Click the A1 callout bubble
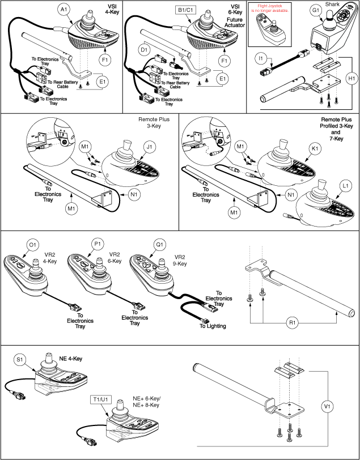tap(65, 9)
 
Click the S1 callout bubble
tap(20, 359)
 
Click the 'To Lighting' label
tap(212, 326)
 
